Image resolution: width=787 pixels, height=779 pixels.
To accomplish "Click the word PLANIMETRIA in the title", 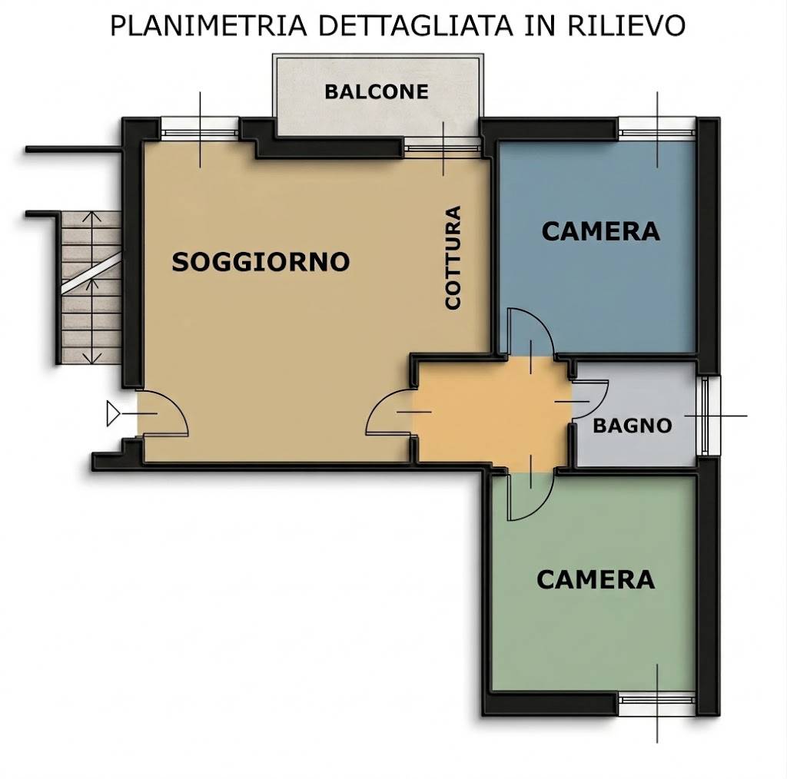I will click(x=208, y=25).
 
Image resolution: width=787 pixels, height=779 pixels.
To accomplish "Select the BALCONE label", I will click(x=376, y=92).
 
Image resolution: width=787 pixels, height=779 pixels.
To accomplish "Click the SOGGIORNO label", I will click(x=261, y=262).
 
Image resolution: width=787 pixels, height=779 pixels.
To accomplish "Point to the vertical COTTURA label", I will click(x=453, y=257).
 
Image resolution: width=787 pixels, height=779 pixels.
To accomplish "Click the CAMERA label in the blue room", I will click(x=600, y=231).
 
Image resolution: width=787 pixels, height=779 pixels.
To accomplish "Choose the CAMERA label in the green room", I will click(x=595, y=579).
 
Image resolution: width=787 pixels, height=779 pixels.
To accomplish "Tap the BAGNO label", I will click(x=633, y=425).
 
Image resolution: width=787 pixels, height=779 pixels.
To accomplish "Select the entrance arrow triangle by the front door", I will click(x=114, y=414).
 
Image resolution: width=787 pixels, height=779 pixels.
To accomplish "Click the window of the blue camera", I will click(x=657, y=127).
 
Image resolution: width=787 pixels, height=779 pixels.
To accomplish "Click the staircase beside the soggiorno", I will click(x=91, y=288).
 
